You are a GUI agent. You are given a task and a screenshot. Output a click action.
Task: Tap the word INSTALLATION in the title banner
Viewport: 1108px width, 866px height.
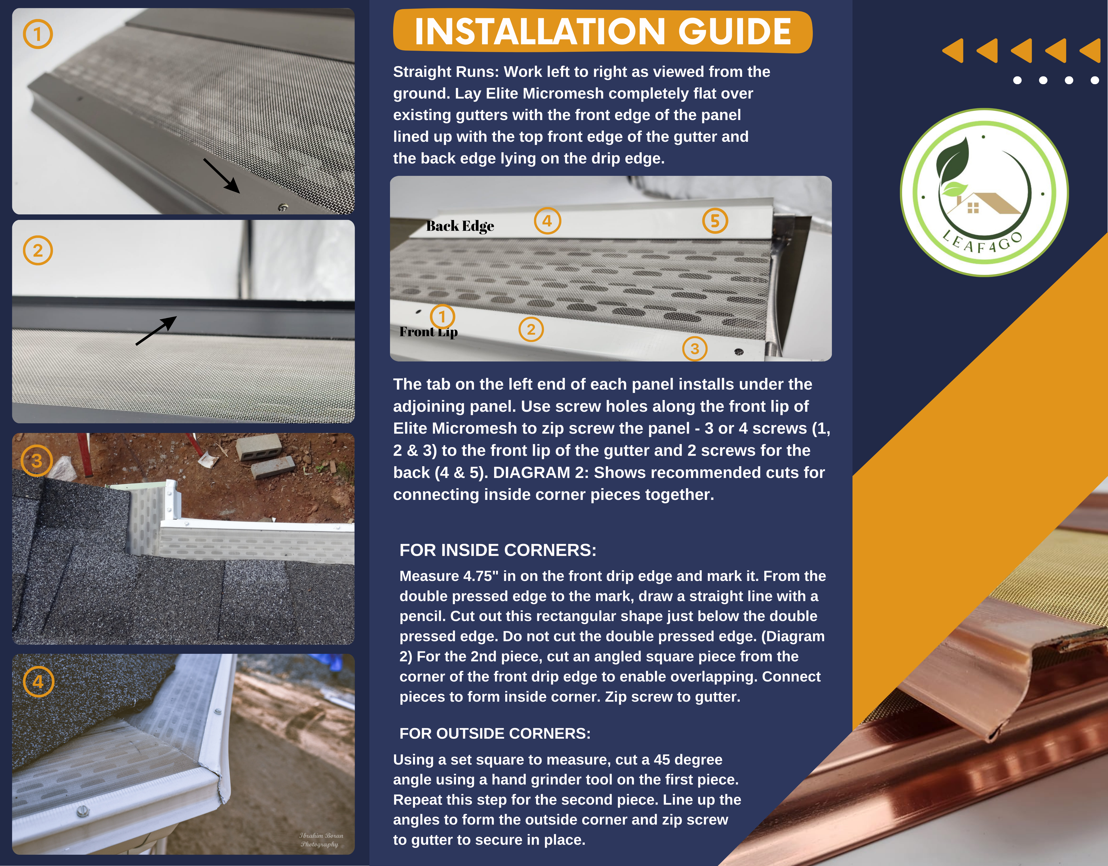point(540,31)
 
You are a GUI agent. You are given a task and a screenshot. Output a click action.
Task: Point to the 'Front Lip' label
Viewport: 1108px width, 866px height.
point(428,332)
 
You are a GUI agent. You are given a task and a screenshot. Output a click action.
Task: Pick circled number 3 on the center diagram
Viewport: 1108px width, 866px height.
point(694,349)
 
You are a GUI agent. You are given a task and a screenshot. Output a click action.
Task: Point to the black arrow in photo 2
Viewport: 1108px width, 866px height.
point(156,331)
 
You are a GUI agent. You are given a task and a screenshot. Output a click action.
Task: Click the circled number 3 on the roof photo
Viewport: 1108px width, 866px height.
point(37,460)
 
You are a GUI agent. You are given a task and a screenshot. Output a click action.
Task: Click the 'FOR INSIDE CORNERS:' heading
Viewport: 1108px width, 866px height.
point(498,550)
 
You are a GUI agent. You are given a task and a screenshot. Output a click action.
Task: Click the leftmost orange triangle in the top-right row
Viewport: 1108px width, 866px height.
point(954,51)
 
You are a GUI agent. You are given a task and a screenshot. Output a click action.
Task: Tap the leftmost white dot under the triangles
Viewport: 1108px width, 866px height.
point(1017,80)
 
